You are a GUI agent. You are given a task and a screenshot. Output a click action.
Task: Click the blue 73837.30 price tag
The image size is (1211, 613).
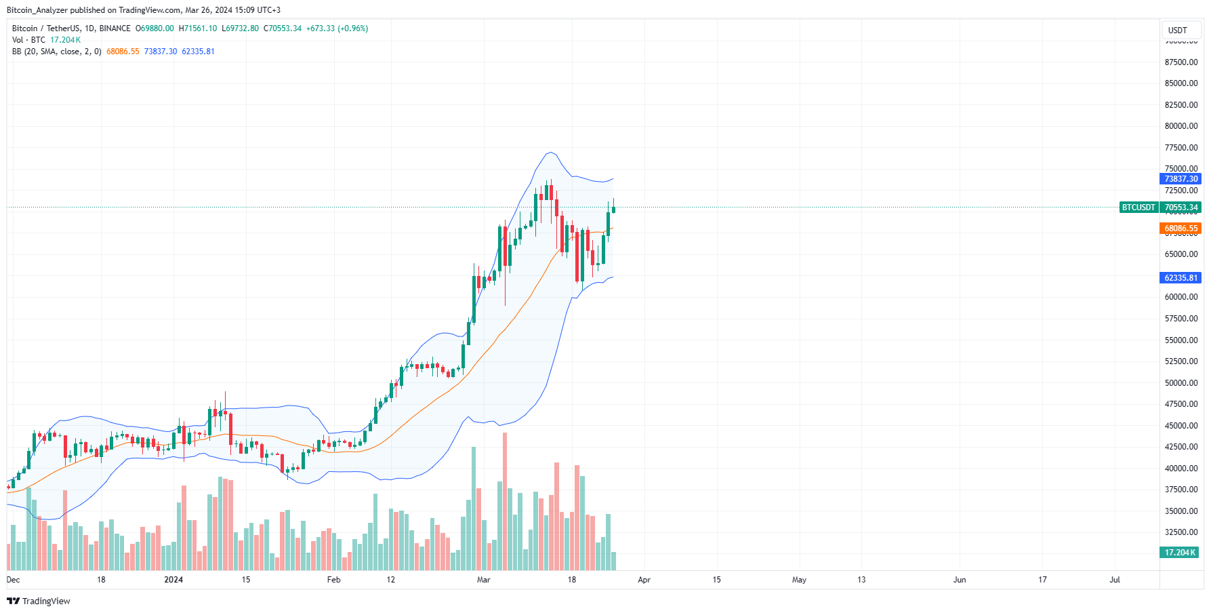(1181, 179)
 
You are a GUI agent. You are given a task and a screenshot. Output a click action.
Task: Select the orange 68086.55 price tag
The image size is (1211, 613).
(1181, 229)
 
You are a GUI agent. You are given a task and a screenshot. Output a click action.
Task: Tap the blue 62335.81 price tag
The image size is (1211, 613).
(1181, 278)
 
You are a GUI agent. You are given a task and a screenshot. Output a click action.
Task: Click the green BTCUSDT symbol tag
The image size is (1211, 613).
(1138, 207)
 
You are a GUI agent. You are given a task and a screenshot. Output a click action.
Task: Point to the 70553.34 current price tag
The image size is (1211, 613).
(1181, 207)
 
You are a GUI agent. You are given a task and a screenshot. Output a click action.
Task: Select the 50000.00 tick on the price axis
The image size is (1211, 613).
(1181, 383)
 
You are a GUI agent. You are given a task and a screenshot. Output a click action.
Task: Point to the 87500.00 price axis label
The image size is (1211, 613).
(1181, 62)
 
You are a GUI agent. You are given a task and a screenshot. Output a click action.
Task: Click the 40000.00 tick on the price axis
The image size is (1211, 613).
(1181, 469)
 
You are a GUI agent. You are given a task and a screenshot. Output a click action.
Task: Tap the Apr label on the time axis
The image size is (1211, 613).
(644, 580)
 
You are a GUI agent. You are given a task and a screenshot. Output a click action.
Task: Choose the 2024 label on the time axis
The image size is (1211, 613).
(173, 580)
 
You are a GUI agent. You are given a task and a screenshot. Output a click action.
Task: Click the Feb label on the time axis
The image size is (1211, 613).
(333, 580)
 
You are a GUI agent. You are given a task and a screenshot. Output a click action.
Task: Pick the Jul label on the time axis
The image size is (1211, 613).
(1114, 580)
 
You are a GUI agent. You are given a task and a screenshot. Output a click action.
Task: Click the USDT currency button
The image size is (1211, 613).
(1177, 30)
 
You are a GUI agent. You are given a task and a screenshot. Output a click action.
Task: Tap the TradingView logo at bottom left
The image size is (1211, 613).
(39, 601)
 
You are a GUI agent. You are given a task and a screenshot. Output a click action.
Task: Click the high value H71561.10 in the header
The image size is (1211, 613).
(198, 28)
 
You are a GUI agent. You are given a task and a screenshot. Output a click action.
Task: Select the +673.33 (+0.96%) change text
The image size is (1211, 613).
(337, 28)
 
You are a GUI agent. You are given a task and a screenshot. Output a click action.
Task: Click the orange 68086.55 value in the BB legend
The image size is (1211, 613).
(123, 52)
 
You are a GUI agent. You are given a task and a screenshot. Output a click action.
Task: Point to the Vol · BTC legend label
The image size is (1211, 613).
(28, 40)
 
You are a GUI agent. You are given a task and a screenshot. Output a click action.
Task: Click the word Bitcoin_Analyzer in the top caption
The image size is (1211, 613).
(37, 10)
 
